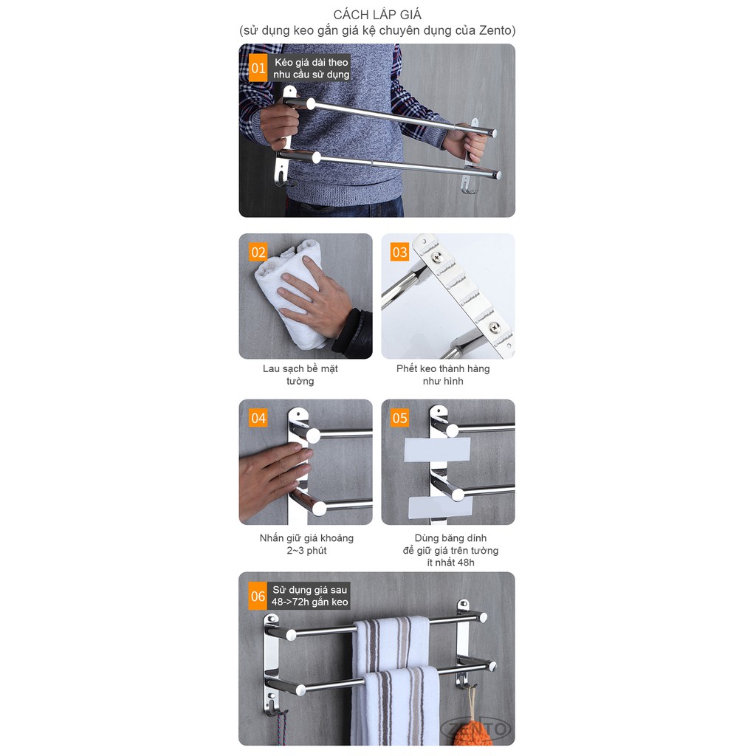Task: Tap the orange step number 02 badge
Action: click(258, 252)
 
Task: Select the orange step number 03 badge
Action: click(399, 252)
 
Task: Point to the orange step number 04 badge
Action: click(258, 419)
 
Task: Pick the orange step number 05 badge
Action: click(399, 419)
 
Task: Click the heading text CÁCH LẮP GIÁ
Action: click(377, 15)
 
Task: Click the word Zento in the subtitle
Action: click(496, 30)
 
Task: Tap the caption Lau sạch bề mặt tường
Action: click(300, 375)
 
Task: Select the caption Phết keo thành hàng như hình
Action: click(443, 375)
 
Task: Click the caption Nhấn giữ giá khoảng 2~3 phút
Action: click(306, 544)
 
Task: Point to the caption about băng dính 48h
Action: click(450, 550)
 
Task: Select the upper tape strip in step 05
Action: click(437, 449)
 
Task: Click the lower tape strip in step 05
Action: click(441, 506)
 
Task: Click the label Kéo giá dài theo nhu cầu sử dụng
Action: click(311, 69)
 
